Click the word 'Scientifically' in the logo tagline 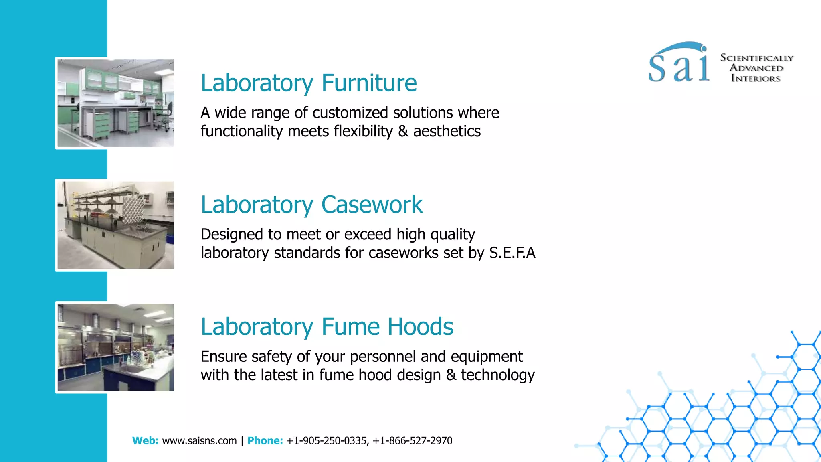pyautogui.click(x=756, y=58)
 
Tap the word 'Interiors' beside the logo pyautogui.click(x=756, y=79)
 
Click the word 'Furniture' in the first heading pyautogui.click(x=369, y=83)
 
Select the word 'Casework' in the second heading pyautogui.click(x=372, y=205)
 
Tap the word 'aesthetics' pyautogui.click(x=447, y=132)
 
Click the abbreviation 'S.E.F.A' pyautogui.click(x=512, y=253)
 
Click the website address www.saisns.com pyautogui.click(x=199, y=441)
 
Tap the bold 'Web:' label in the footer pyautogui.click(x=145, y=441)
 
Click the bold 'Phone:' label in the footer pyautogui.click(x=265, y=441)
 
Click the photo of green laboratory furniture pyautogui.click(x=115, y=103)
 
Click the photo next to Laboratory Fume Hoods pyautogui.click(x=115, y=347)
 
